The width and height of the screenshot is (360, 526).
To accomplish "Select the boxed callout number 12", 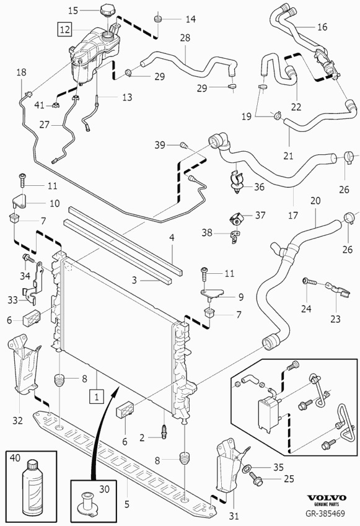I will tap(65, 28).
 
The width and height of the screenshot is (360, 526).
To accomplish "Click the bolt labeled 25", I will tap(256, 479).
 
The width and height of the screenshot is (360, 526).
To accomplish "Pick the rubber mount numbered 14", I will tap(159, 20).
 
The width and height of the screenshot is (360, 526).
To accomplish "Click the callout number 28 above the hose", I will tap(185, 38).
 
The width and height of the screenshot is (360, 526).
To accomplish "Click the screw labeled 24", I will tap(309, 283).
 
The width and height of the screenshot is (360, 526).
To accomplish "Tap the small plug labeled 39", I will tap(183, 145).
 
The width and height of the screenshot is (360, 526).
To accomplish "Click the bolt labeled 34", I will tap(27, 258).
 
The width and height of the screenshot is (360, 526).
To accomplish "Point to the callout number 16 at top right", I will tap(322, 27).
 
